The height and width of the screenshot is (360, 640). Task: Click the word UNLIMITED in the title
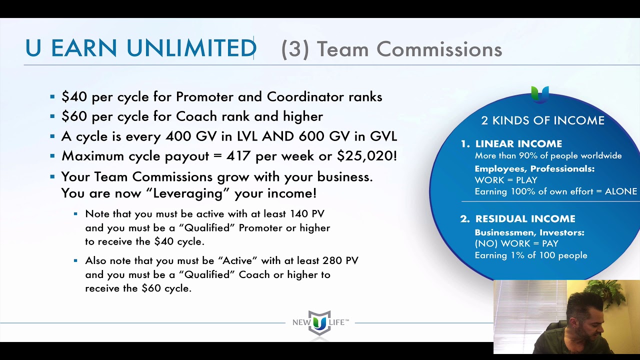(x=191, y=47)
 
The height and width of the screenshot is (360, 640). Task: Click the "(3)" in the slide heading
(x=295, y=49)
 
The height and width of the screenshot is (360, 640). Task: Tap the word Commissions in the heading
(x=439, y=49)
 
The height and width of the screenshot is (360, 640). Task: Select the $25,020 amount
(x=367, y=156)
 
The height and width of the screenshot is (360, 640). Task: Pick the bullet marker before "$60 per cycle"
(x=52, y=116)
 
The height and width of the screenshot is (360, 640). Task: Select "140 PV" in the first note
(x=307, y=213)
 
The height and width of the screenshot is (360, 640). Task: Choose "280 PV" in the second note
(x=340, y=260)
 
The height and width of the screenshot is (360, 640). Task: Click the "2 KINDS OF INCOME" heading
(x=542, y=120)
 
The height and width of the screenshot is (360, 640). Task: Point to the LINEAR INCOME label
(x=518, y=143)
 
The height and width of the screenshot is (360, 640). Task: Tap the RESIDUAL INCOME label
(x=525, y=219)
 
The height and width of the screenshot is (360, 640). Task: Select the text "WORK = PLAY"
(x=506, y=180)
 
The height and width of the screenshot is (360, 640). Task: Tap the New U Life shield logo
(x=319, y=323)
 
